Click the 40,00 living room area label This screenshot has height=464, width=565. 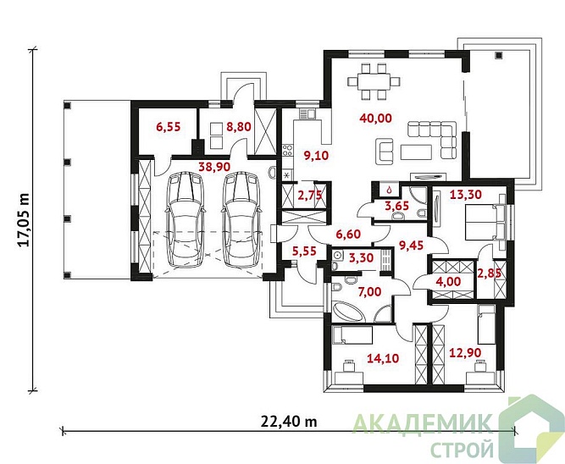coord(376,118)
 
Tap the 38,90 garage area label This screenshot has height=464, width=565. coord(215,166)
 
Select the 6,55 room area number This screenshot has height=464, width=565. coord(169,127)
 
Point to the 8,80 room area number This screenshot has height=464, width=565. coord(239,127)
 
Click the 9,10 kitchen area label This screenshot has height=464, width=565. coord(316,156)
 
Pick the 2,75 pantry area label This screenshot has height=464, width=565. coord(309,195)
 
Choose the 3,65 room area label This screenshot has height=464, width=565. coord(396,206)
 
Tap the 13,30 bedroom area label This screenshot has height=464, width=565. coord(466,195)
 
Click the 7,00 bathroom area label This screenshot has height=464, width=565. coord(369,291)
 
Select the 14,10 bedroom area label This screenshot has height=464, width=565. coord(383,358)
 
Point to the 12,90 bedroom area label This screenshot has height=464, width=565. coord(465,352)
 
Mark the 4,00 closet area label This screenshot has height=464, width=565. coord(448,281)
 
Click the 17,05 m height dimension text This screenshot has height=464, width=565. coord(24,220)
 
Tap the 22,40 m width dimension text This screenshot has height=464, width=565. coord(289,421)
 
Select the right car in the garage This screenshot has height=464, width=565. coord(241,220)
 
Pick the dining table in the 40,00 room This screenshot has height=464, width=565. coord(374,81)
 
